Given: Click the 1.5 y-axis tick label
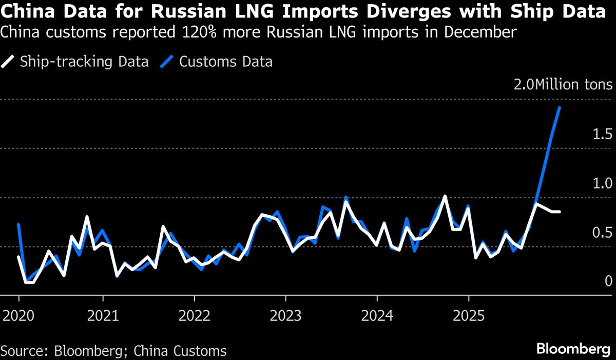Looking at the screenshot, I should coord(602,135).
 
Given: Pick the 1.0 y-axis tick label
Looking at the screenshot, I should coord(602,183).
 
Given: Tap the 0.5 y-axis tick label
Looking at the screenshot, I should coord(602,232).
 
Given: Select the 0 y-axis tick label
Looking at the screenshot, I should coord(608,281).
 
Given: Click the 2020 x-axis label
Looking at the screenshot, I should coord(19,314).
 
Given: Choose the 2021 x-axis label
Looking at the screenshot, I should coord(103,314).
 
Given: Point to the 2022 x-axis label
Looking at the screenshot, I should coord(195,314).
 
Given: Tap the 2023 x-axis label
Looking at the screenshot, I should coord(285,314).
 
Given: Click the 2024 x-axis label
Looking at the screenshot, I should coord(377,314).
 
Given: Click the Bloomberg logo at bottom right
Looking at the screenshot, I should coord(570,349).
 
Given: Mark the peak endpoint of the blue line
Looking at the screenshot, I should coord(559,108).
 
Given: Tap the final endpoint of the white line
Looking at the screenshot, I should coord(560,212).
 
